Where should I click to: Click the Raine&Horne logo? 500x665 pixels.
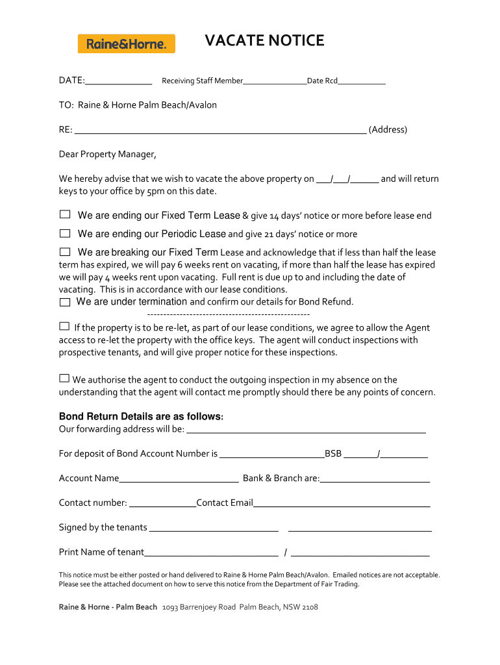[x=126, y=44]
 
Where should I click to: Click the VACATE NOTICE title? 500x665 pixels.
[x=264, y=41]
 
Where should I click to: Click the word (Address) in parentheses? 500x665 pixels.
[x=388, y=129]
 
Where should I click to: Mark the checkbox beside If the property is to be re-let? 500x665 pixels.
[x=64, y=326]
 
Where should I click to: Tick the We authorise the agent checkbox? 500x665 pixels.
[x=64, y=378]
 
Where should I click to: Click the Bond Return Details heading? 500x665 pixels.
[x=141, y=416]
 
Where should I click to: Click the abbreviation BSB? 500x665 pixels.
[x=333, y=454]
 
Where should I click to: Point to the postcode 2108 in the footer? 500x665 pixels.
[x=310, y=607]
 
